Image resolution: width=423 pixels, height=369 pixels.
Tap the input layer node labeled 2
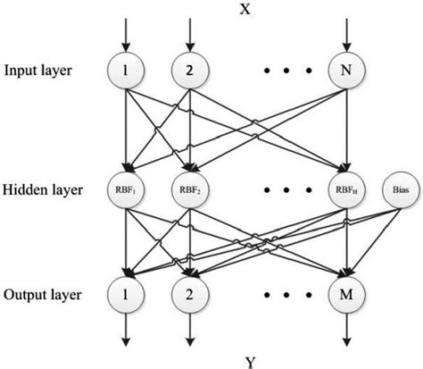point(188,69)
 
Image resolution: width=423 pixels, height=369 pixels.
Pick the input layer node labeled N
point(344,69)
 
